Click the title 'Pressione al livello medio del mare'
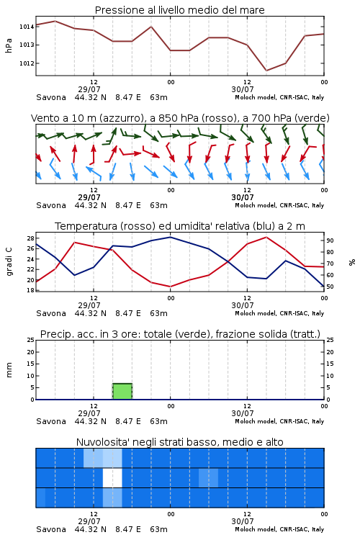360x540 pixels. pos(180,10)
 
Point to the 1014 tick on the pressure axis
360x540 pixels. pos(27,27)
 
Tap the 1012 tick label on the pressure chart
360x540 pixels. pos(27,63)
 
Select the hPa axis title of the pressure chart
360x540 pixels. pos(9,45)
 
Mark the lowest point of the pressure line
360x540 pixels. pos(266,71)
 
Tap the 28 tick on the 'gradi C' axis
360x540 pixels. pos(30,238)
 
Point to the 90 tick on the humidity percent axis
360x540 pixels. pos(330,240)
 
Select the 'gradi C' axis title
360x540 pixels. pos(9,261)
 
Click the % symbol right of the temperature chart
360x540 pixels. pos(352,262)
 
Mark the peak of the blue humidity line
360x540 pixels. pos(170,237)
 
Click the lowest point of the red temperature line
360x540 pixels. pos(170,287)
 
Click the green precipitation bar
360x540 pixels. pos(122,391)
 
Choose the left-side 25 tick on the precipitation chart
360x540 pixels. pos(30,340)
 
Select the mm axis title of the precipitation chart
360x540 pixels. pos(9,369)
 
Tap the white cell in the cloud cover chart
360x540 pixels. pos(112,477)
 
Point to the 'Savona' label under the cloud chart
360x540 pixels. pos(51,529)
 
